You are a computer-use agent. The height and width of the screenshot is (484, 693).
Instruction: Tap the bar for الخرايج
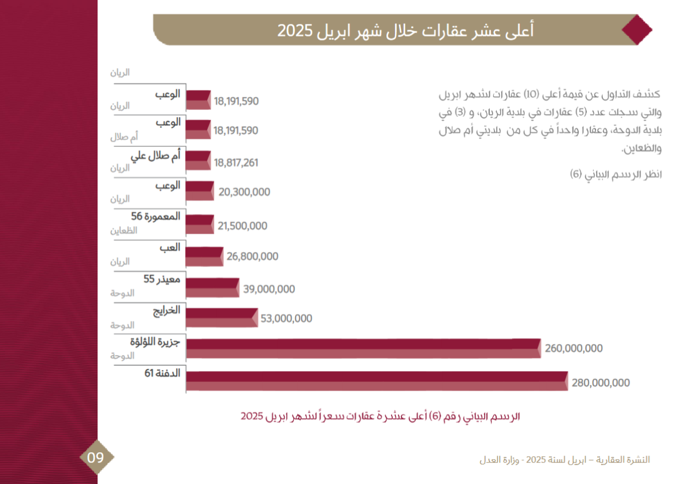pos(222,317)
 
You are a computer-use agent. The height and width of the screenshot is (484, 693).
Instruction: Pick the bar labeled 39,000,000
pos(213,287)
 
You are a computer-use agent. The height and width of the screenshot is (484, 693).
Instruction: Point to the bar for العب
pos(204,256)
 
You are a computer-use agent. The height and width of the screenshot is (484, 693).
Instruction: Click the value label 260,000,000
pos(573,349)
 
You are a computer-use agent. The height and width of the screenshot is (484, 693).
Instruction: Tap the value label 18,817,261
pos(236,163)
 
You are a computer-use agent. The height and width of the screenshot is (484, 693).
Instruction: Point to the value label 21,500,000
pos(243,226)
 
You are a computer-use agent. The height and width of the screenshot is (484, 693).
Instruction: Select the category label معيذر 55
pos(162,279)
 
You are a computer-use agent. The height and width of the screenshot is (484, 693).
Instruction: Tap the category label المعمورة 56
pos(156,216)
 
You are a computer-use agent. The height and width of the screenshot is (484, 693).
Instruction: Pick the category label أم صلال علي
pos(155,154)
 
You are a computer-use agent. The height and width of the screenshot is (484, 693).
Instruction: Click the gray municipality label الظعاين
pos(124,230)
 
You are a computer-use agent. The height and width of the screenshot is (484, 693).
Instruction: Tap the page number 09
pos(96,458)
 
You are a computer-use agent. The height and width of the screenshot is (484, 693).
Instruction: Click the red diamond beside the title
pos(638,29)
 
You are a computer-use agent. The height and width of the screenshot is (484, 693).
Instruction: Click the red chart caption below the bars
pos(381,416)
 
